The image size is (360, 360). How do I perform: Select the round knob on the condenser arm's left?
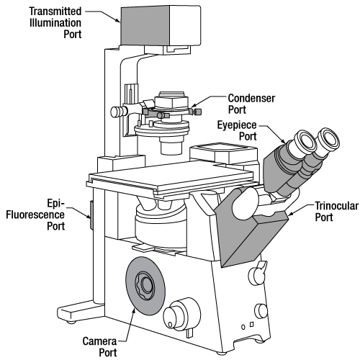coord(115,112)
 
